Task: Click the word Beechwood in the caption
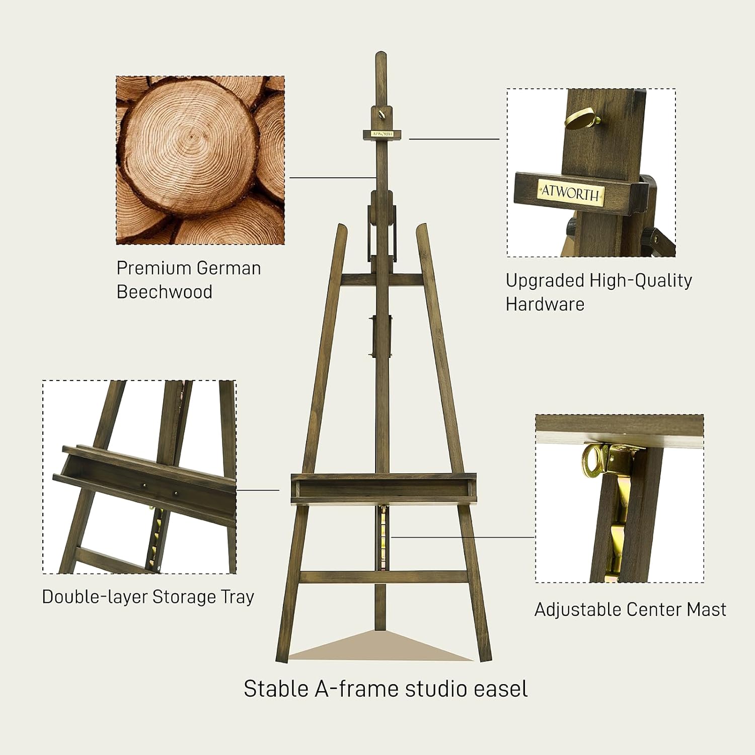pos(164,292)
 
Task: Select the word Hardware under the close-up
pos(545,305)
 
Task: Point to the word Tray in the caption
pos(238,597)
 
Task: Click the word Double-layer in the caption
pos(94,597)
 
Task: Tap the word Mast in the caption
pos(707,610)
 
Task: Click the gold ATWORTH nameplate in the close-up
pos(571,192)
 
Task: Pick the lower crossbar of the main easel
pos(384,577)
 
